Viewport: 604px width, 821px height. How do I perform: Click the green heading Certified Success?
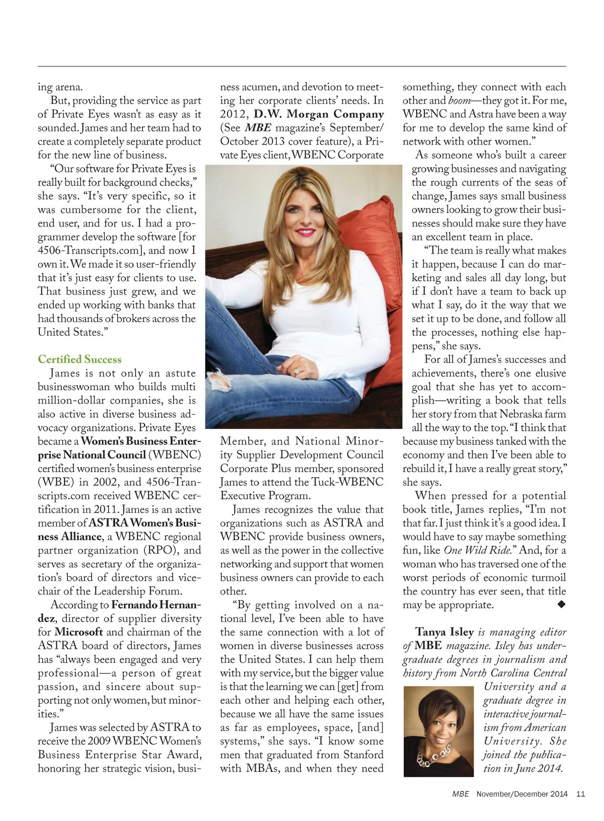(80, 359)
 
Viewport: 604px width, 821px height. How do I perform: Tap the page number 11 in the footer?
(580, 794)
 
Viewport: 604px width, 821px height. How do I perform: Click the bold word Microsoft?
(79, 632)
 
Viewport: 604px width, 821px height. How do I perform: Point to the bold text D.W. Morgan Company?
(319, 114)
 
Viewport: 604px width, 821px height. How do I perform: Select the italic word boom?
(459, 101)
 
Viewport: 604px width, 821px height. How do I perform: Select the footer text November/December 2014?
(522, 794)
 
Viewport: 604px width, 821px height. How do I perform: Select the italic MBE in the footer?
(460, 794)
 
